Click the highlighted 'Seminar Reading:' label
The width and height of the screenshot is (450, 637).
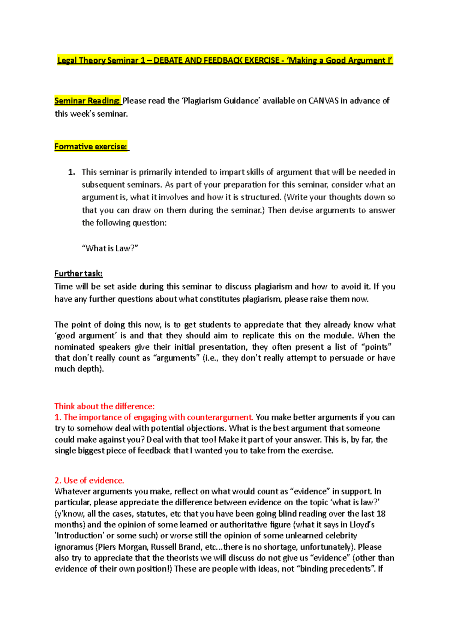click(x=87, y=101)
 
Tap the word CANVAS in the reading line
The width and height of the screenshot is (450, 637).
click(x=323, y=101)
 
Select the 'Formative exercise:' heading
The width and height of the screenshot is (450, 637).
click(x=91, y=146)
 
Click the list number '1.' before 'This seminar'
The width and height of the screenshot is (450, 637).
click(x=72, y=172)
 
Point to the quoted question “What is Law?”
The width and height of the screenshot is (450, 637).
click(x=110, y=248)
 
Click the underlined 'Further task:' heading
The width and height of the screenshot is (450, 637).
click(x=78, y=273)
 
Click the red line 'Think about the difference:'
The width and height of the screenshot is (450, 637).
click(x=104, y=406)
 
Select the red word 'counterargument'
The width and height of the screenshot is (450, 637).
click(x=219, y=417)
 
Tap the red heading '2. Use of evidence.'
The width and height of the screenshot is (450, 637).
click(x=89, y=480)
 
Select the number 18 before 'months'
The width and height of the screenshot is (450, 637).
click(x=381, y=514)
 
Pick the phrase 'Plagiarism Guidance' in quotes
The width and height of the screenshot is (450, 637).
click(x=221, y=101)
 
